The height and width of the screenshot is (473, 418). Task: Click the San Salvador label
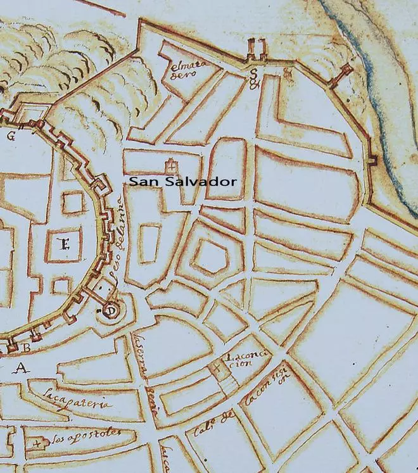pyautogui.click(x=183, y=182)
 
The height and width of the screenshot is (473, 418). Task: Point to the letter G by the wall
pyautogui.click(x=11, y=136)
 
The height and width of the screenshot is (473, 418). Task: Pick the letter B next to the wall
pyautogui.click(x=27, y=347)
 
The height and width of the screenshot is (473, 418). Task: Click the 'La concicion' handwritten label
pyautogui.click(x=245, y=362)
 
